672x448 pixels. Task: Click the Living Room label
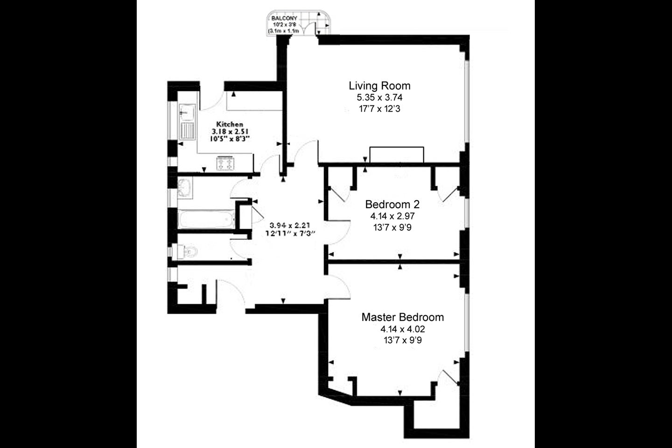[379, 86]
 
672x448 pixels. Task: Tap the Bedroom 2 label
[392, 204]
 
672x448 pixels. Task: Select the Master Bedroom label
[403, 317]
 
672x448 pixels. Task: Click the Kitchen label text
[230, 124]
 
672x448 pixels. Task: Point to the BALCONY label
[284, 19]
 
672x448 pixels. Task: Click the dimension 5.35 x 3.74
[379, 98]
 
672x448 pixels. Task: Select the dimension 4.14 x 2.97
[392, 216]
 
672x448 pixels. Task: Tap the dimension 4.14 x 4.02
[403, 329]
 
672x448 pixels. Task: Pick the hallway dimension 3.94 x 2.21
[290, 225]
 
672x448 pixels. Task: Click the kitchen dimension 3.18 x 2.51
[230, 132]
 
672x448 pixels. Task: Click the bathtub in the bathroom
[206, 219]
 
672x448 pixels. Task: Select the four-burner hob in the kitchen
[225, 163]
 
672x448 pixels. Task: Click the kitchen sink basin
[187, 112]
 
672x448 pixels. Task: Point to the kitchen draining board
[187, 131]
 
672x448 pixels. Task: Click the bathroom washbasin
[184, 188]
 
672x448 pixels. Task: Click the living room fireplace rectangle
[397, 155]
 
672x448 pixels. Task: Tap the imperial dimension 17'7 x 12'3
[379, 109]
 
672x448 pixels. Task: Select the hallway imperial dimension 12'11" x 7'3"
[290, 233]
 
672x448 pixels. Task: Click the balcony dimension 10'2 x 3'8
[284, 25]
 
